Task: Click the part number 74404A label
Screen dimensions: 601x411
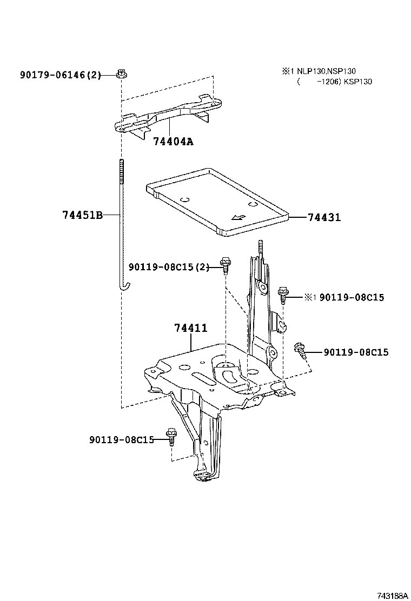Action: pos(173,142)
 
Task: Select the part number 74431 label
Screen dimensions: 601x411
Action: pos(324,217)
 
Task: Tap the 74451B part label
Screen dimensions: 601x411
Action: pos(82,215)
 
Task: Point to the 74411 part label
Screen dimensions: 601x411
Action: pos(190,328)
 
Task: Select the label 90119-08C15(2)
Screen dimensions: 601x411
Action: pos(169,267)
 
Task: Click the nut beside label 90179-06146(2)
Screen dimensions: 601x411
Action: pos(121,74)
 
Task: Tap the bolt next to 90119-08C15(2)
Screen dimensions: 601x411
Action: pos(226,265)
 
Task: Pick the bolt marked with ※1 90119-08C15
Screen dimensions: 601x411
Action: pos(283,295)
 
